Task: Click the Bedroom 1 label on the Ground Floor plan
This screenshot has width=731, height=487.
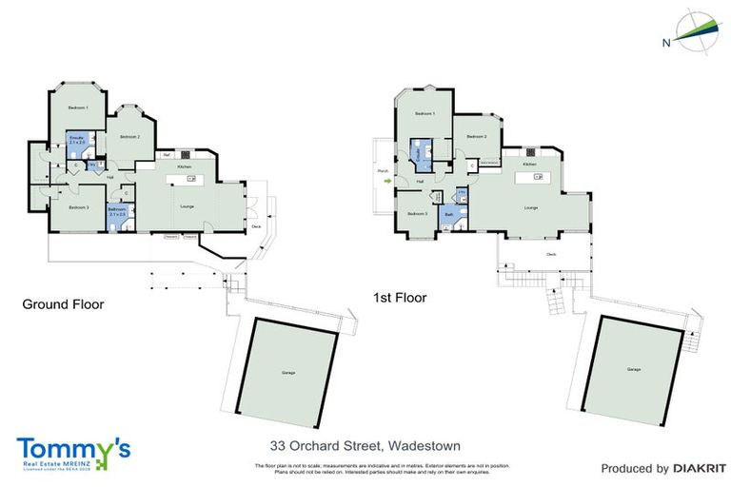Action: [78, 107]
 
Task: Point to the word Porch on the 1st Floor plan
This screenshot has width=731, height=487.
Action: [384, 171]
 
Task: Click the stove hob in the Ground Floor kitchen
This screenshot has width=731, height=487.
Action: [185, 154]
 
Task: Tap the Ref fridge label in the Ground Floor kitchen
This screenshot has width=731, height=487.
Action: [166, 154]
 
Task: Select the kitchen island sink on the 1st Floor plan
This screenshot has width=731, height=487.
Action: [529, 178]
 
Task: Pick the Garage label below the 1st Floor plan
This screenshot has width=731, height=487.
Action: [634, 369]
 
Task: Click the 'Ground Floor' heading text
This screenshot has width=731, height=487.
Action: [63, 304]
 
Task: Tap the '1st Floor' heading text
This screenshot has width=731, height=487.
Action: [400, 298]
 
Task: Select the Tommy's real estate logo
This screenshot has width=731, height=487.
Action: [72, 452]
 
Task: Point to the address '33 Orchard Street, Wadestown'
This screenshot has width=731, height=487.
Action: [351, 445]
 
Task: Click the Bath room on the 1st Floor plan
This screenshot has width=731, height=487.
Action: [449, 216]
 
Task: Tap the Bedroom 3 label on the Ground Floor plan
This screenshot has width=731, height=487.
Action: [78, 207]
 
